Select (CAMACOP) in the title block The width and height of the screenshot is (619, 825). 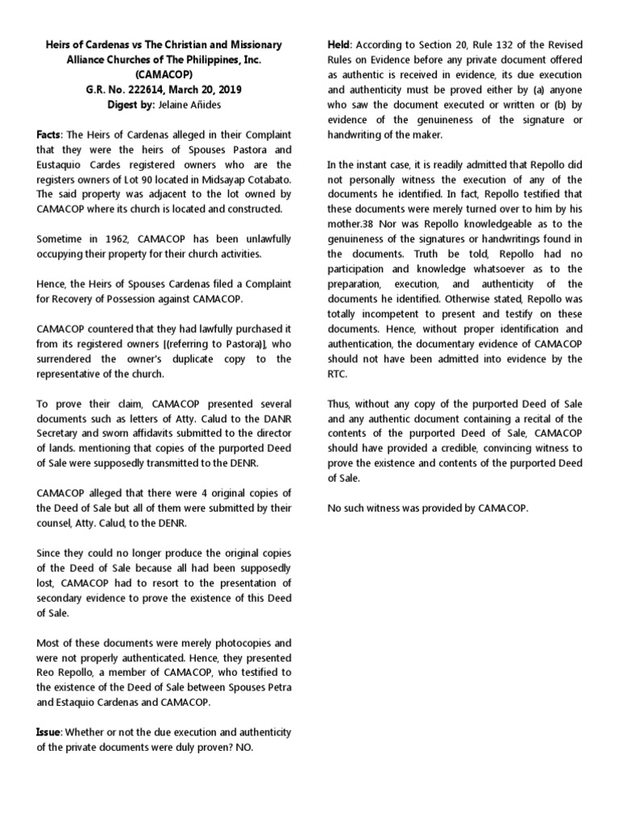coord(163,74)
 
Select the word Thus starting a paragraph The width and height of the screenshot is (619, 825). coord(339,404)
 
